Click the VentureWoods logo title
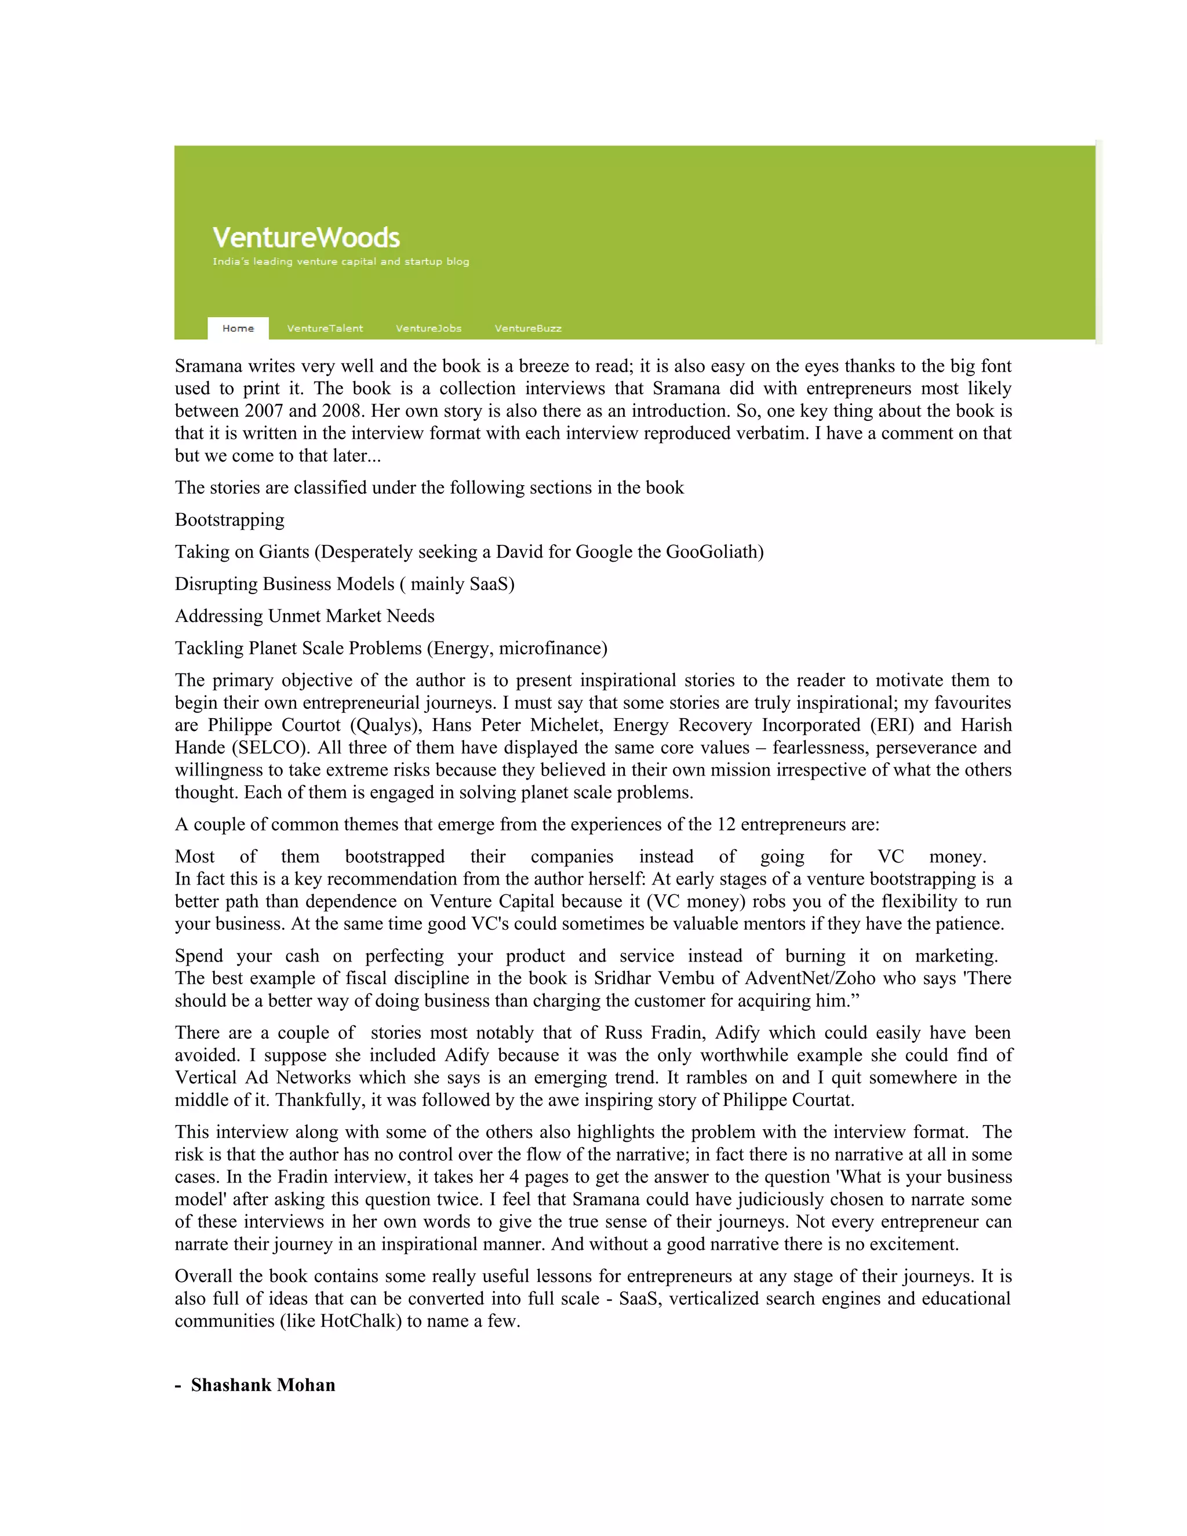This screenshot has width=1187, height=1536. [x=306, y=238]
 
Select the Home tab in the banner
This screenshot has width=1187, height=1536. [x=238, y=329]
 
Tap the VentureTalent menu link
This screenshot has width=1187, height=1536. [x=325, y=329]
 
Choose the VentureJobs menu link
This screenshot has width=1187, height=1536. [x=428, y=329]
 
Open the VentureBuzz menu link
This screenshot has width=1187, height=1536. [x=527, y=329]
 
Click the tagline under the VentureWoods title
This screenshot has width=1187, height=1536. [x=340, y=261]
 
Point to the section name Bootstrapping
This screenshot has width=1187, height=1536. [x=230, y=520]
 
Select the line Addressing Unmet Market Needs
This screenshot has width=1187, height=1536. [x=304, y=616]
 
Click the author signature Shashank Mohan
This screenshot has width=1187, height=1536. [x=263, y=1385]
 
